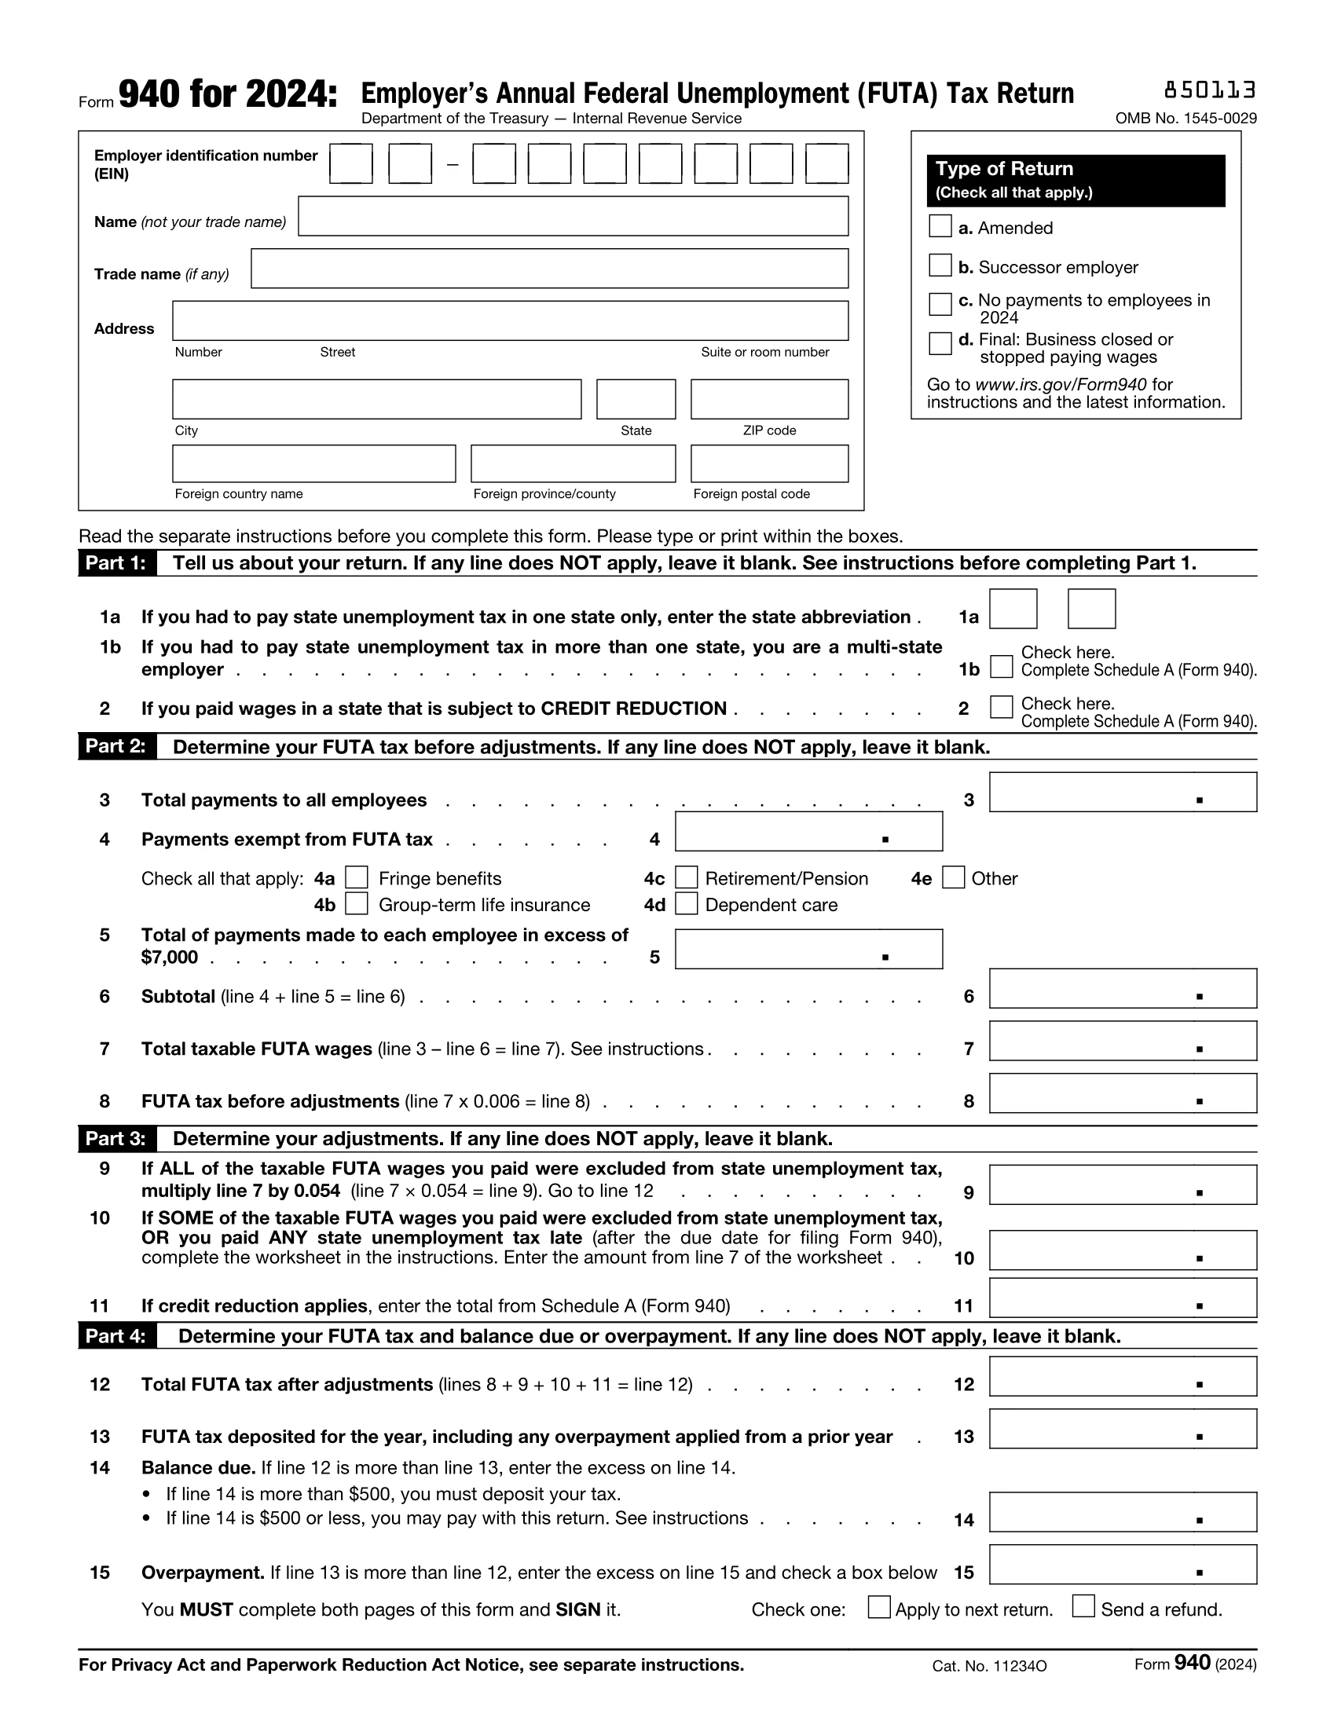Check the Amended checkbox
pos(939,226)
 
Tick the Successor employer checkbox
pos(939,265)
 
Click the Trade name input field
pos(549,269)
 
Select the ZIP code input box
pos(768,399)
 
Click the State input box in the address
pos(636,399)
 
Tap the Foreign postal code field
pos(768,463)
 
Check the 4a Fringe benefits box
pos(357,877)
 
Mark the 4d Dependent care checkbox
pos(686,903)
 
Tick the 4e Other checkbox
pos(954,877)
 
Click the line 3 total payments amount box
pos(1122,792)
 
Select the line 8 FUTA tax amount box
pos(1122,1093)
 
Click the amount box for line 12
pos(1122,1377)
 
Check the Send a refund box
pos(1083,1607)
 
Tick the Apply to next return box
pos(879,1607)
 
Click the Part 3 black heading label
pos(116,1139)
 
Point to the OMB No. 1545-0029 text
pos(1186,119)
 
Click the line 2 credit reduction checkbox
pos(1001,707)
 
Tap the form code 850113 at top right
pos(1209,91)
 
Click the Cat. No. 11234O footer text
pos(989,1666)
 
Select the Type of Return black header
pos(1076,181)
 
